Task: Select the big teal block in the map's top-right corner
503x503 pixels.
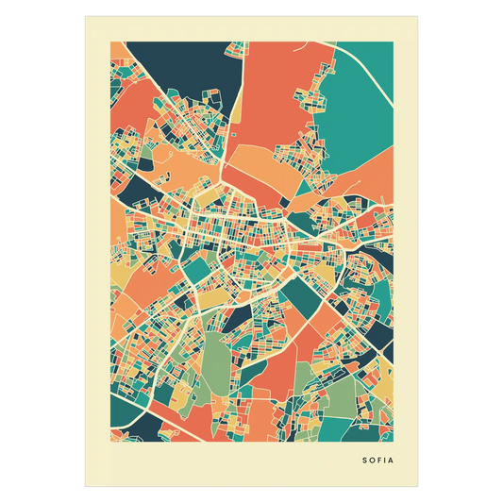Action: click(x=354, y=104)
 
